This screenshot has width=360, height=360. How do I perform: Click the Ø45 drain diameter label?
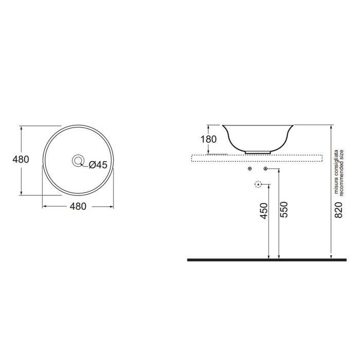98,165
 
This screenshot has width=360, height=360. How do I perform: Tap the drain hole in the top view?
78,160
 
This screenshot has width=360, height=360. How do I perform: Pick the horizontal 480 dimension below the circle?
78,206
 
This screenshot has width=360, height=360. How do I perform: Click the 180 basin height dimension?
208,139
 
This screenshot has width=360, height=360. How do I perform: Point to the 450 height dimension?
264,211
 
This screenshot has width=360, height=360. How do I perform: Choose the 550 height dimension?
284,210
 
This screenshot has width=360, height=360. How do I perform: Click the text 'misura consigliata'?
336,172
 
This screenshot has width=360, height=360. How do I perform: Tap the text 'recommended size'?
341,173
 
